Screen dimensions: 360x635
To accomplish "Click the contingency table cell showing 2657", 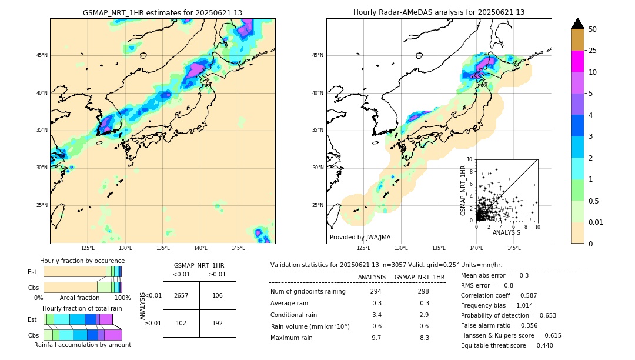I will [x=181, y=295].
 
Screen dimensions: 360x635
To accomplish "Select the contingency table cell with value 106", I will [x=218, y=295].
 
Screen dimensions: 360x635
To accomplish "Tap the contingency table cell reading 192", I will [x=218, y=323].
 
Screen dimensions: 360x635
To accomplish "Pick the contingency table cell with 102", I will [x=181, y=323].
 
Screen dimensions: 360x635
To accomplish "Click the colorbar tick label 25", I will [x=593, y=51].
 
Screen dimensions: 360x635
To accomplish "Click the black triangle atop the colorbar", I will [x=578, y=24].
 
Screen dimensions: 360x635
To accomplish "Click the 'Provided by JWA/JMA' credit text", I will [x=360, y=238].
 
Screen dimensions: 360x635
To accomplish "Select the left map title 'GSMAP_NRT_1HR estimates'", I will [x=162, y=12].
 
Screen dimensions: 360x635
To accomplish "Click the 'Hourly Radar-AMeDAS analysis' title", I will [x=439, y=12].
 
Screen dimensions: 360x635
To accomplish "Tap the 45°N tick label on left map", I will [x=42, y=55].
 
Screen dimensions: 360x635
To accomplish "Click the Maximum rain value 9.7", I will [x=376, y=338].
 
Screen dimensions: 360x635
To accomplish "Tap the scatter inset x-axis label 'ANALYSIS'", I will [x=506, y=233].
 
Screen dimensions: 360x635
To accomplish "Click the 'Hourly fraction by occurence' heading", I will [x=82, y=261].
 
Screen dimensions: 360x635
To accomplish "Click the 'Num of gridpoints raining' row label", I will [x=308, y=291].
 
